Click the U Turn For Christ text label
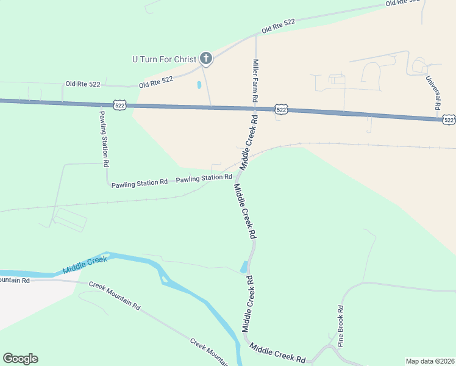coord(164,59)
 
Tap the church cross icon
coord(206,59)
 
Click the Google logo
coord(20,359)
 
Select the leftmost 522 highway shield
coord(120,106)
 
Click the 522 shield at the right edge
coord(449,120)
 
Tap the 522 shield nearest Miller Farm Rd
coord(280,109)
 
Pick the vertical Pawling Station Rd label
coord(104,138)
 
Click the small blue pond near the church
coord(199,85)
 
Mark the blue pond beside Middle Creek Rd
coord(244,267)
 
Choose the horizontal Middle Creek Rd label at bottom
coord(277,353)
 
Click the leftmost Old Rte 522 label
coord(84,83)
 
